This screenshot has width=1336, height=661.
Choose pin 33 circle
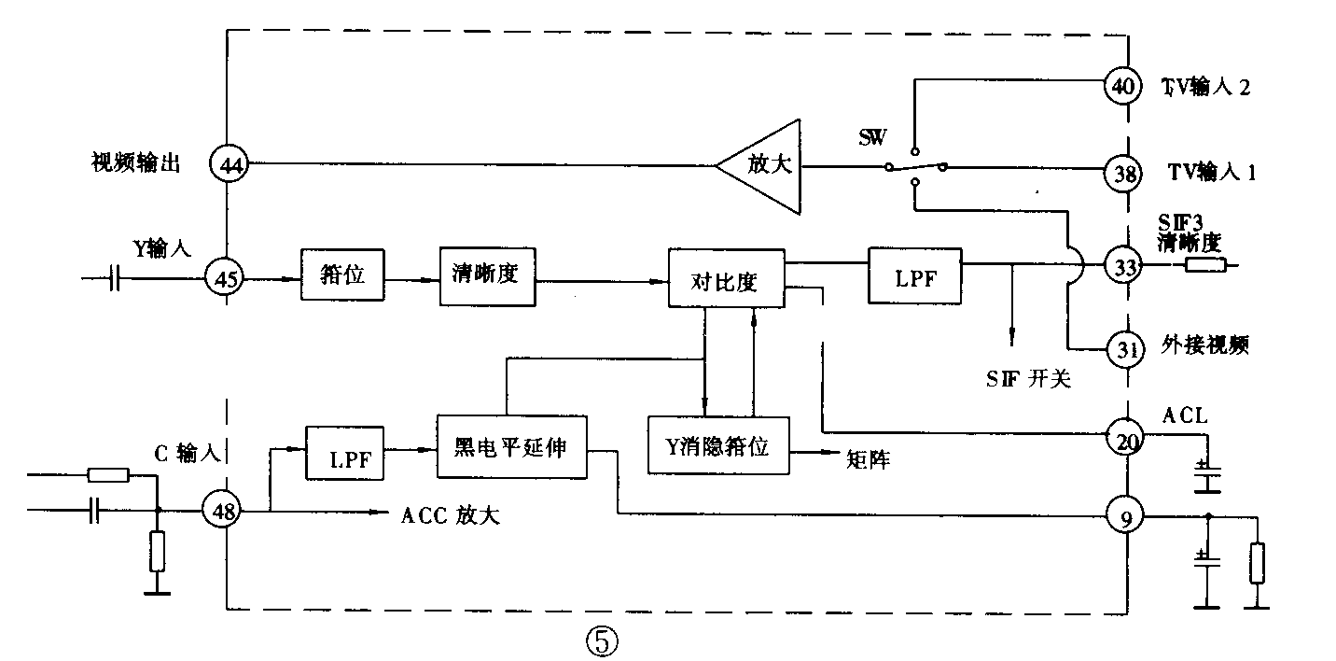(1125, 265)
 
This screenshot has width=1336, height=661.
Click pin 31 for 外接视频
(1125, 349)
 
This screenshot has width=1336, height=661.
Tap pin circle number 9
(1126, 514)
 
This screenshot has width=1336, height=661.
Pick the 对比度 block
(727, 277)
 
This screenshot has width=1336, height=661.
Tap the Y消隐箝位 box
(718, 446)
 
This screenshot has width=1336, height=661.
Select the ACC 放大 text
(450, 514)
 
